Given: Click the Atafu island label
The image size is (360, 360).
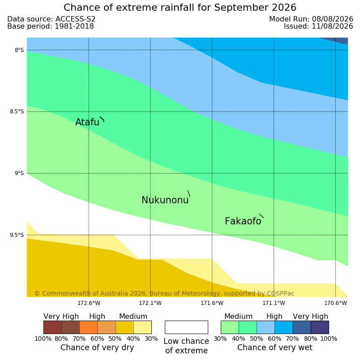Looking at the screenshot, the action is pos(87,122).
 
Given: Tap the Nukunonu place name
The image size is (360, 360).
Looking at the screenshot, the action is pos(165,200).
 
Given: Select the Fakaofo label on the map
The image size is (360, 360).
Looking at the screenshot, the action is pos(243,221).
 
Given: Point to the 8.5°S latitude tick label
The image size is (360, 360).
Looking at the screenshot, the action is pos(17,111).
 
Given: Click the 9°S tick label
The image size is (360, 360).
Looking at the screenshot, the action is pos(19,173).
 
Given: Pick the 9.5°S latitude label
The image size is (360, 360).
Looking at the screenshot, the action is pos(17,235).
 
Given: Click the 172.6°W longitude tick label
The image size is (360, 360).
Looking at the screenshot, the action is pos(89,303).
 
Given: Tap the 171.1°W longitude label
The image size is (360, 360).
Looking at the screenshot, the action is pos(274,303).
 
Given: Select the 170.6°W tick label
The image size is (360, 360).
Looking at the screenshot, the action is pos(336,303).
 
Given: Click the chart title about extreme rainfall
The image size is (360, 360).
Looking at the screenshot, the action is pos(180,8).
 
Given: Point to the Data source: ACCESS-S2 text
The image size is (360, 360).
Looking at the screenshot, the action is pos(51,19).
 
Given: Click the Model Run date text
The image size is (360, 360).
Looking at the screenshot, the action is pos(311,19).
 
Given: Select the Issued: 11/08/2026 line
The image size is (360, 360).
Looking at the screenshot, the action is pos(318,26).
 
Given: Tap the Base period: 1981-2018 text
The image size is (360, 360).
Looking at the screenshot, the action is pos(51,26).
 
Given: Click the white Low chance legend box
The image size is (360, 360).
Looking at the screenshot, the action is pos(186,327).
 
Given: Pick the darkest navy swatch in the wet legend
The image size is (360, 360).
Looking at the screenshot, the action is pos(320,327).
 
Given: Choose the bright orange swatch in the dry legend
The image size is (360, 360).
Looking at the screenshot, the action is pos(88,327).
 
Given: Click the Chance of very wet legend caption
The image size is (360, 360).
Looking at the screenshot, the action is pos(275,347).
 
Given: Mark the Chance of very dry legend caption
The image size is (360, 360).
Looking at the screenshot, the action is pos(97,347).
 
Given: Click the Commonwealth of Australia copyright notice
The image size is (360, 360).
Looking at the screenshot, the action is pos(164,293).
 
